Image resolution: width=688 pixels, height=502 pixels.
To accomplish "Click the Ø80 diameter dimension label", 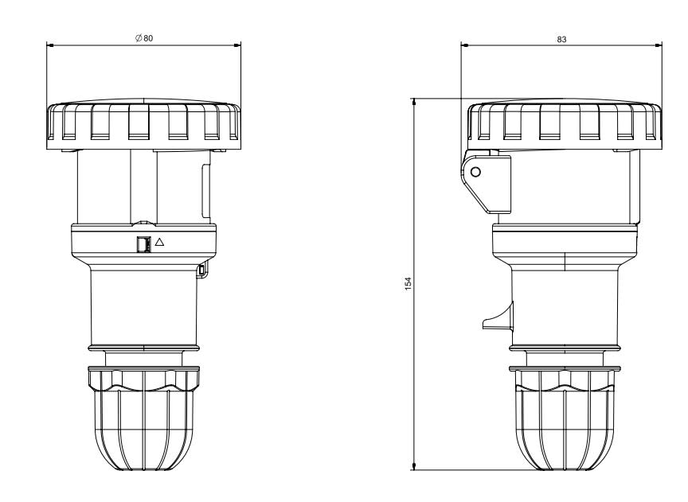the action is tap(144, 38).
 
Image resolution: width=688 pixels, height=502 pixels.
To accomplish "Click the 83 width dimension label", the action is tap(561, 40).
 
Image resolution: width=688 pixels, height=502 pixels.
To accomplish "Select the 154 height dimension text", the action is tap(408, 283).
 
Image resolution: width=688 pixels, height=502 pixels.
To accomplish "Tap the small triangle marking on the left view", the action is tap(159, 242).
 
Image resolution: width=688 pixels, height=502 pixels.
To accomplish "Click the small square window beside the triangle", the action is tap(143, 245).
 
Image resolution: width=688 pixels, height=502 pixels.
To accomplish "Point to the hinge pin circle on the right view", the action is tap(475, 172).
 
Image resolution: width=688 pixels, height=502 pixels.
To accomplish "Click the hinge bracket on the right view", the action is tap(486, 181).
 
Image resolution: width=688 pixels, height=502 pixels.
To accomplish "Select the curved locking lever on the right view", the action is tap(498, 317).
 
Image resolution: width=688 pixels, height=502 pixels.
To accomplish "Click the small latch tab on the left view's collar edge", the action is tap(201, 270).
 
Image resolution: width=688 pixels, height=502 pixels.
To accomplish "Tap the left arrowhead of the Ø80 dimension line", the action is tap(49, 45).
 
